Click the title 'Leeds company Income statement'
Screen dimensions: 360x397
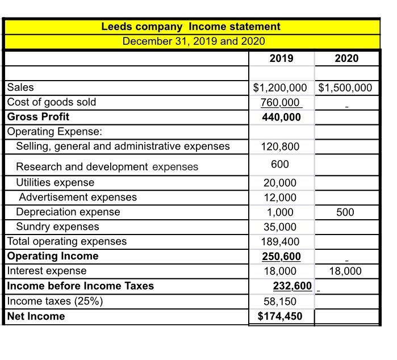190,27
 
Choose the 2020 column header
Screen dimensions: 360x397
346,58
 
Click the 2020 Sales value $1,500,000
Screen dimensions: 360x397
346,87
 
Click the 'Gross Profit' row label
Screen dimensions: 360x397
38,117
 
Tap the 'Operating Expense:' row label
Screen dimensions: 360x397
55,132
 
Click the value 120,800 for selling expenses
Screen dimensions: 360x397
279,146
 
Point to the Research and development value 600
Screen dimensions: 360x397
279,164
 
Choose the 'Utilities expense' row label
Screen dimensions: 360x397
55,183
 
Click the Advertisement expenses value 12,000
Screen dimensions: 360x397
279,198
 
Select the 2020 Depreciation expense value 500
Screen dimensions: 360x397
344,212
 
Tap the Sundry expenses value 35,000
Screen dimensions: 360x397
279,227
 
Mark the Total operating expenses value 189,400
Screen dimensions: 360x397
279,242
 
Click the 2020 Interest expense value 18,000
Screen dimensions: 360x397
345,271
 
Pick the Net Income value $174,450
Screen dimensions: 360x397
279,316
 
